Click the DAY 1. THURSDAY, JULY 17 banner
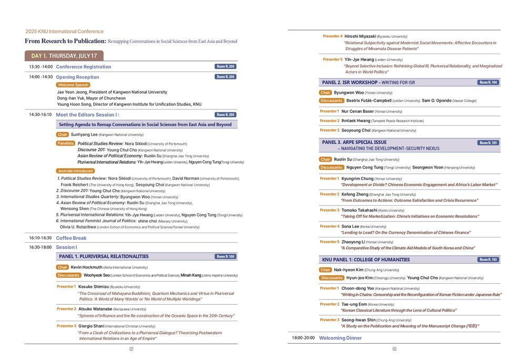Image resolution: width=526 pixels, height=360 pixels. tap(64, 56)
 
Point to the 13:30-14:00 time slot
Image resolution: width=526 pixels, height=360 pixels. tap(41, 67)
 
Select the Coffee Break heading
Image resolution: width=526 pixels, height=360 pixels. tap(71, 238)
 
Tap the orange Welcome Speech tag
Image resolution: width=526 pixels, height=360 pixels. tap(73, 85)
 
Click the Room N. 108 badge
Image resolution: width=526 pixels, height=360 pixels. tap(225, 256)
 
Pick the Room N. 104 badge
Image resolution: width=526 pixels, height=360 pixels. tap(488, 83)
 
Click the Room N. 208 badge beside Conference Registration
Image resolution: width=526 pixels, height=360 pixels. tap(225, 66)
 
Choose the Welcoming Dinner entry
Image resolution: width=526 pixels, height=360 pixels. tap(340, 338)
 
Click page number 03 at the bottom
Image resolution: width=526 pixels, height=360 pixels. tap(394, 349)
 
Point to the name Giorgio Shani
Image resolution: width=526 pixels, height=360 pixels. tap(91, 326)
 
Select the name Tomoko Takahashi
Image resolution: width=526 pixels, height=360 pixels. tap(360, 210)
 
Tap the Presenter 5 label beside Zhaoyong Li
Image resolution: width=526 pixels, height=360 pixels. tap(330, 242)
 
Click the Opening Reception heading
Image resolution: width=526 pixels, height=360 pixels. tap(77, 77)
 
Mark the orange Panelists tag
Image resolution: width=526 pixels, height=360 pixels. tap(66, 143)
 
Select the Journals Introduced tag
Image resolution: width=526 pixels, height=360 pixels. tap(76, 171)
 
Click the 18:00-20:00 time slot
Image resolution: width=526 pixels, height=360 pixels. tap(303, 338)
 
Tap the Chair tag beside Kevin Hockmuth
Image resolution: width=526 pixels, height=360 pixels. tap(63, 267)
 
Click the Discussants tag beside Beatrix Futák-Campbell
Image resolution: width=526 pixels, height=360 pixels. tap(331, 101)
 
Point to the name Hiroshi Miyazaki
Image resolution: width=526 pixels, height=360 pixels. tap(360, 36)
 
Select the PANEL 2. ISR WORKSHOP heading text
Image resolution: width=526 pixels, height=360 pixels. tap(349, 83)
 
